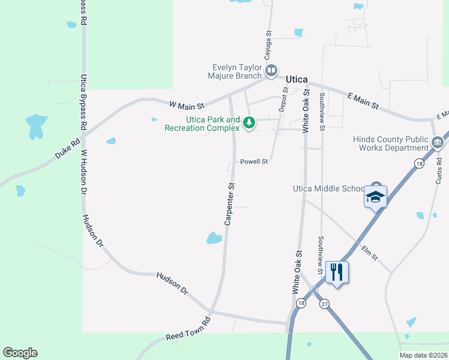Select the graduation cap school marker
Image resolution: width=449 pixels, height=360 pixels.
[x=376, y=197]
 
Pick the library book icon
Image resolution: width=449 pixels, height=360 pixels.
[x=271, y=71]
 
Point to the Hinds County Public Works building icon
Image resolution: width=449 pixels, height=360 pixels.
[x=438, y=143]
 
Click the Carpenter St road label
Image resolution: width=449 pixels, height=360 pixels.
[x=229, y=205]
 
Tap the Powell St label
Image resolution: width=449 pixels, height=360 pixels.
[x=254, y=161]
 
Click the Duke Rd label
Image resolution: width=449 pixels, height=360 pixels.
[x=67, y=149]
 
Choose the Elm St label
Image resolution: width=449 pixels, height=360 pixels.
[x=369, y=252]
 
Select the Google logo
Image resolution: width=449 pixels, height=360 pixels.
[x=20, y=353]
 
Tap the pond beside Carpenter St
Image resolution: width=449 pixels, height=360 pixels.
[x=214, y=238]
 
